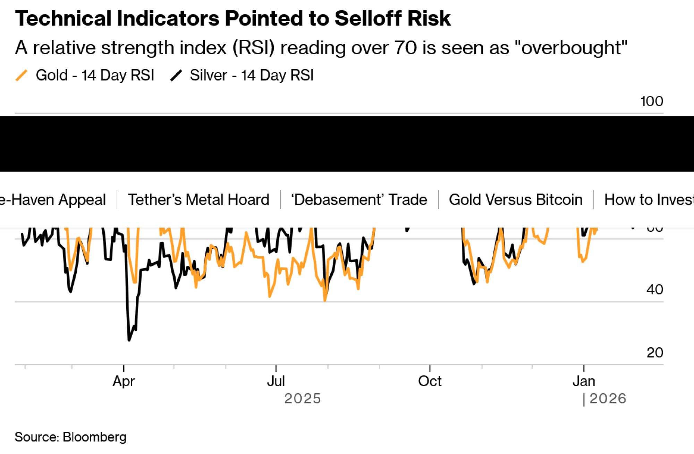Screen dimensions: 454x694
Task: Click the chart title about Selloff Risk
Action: point(232,18)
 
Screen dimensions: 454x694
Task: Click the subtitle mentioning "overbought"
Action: point(321,48)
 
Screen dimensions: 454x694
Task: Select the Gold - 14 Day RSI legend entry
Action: point(95,75)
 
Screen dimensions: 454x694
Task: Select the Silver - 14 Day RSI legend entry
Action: point(252,75)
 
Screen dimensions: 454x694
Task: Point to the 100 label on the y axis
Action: point(652,101)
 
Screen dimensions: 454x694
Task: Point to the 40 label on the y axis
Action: point(655,289)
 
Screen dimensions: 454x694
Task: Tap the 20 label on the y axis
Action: point(655,353)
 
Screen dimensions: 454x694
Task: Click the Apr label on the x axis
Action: point(124,381)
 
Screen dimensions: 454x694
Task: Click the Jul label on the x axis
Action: point(276,381)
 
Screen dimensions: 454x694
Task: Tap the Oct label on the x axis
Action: point(430,381)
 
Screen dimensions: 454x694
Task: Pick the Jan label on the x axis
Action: point(584,381)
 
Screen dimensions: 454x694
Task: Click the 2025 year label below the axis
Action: point(302,398)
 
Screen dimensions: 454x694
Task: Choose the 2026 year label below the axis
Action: point(608,398)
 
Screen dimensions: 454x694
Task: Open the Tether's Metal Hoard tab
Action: point(198,200)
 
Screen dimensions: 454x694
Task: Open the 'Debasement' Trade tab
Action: point(359,200)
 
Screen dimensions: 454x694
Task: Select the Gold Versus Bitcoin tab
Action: point(516,200)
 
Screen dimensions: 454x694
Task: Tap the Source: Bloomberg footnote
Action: point(70,437)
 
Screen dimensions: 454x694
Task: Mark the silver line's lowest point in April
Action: point(129,340)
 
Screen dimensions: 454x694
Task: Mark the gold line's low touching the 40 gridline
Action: point(325,300)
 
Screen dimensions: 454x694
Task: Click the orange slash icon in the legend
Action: point(22,75)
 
